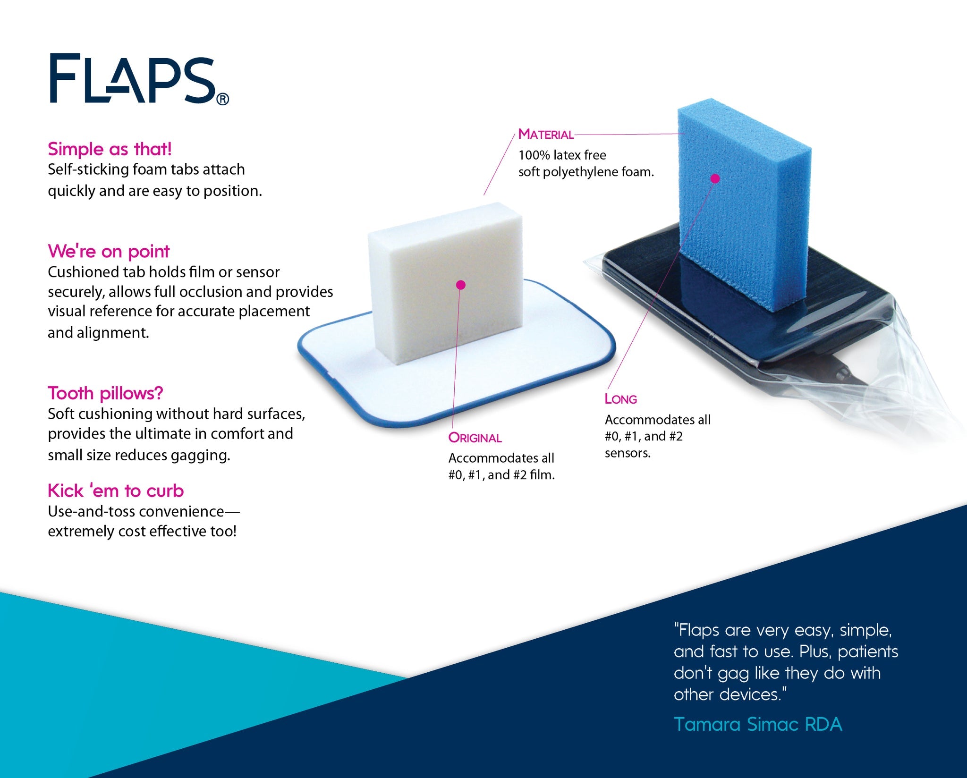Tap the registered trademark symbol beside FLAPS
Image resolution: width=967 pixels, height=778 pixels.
(222, 99)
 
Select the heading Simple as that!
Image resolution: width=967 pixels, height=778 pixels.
(110, 149)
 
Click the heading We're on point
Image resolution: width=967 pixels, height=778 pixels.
(109, 251)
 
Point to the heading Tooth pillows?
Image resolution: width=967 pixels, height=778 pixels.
(105, 393)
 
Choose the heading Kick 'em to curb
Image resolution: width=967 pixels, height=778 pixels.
(116, 491)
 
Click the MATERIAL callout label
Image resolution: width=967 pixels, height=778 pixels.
(546, 135)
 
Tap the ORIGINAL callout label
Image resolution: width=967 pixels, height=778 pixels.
(475, 438)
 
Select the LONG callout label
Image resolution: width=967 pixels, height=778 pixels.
(621, 399)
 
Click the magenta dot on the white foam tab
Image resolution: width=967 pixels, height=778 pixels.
(461, 285)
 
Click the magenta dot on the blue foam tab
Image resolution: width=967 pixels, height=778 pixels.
(715, 178)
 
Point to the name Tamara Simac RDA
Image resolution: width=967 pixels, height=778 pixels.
(758, 724)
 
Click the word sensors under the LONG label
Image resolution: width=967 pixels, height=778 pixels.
(628, 453)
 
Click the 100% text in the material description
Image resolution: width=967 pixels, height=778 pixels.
(534, 155)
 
